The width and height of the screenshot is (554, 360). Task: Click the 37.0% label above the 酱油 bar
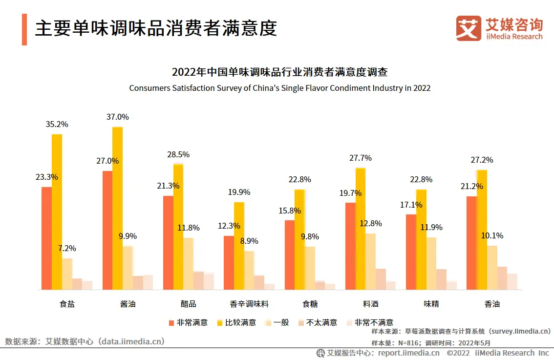click(117, 117)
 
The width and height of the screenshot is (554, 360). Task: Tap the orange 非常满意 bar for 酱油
click(107, 230)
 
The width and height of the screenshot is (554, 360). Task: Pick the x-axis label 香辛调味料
click(249, 304)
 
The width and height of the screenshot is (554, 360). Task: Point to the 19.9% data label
click(239, 192)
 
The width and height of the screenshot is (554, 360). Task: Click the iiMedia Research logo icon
click(468, 28)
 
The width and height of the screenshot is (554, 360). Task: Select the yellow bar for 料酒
click(361, 229)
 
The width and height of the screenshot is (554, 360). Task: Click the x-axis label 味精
click(431, 304)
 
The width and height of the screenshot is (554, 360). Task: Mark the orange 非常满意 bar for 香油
click(471, 243)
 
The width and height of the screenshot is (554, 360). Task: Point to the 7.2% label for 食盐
click(67, 249)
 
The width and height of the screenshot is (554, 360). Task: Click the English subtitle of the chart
click(279, 88)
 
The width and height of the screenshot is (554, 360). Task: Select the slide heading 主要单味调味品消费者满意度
click(156, 29)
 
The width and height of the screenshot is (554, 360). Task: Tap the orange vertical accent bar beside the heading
click(24, 29)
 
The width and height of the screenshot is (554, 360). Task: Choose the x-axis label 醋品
click(188, 304)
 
